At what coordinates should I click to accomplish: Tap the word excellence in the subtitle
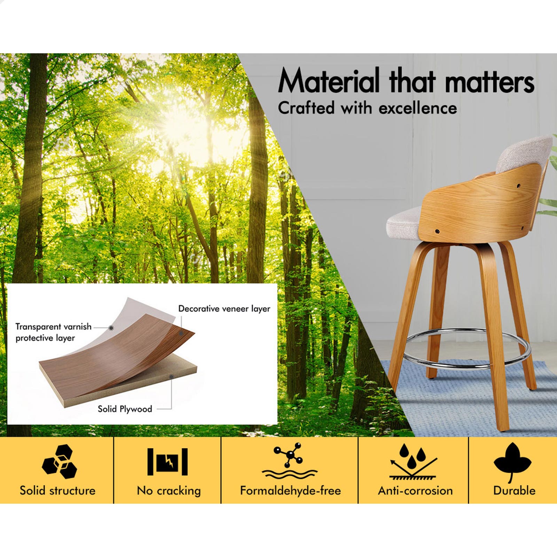click(x=418, y=108)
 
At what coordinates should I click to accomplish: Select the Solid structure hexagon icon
click(x=59, y=462)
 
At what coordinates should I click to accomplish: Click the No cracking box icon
click(x=167, y=462)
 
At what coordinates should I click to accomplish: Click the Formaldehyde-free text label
click(x=290, y=491)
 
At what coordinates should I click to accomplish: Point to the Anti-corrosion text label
click(x=415, y=491)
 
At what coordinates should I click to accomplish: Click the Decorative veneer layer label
click(x=224, y=309)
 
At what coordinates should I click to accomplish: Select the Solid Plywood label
click(x=125, y=409)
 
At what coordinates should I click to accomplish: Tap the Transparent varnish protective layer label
click(x=53, y=332)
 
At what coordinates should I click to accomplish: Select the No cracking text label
click(x=169, y=491)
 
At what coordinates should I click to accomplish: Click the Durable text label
click(x=514, y=491)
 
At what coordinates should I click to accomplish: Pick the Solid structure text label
click(x=57, y=491)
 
